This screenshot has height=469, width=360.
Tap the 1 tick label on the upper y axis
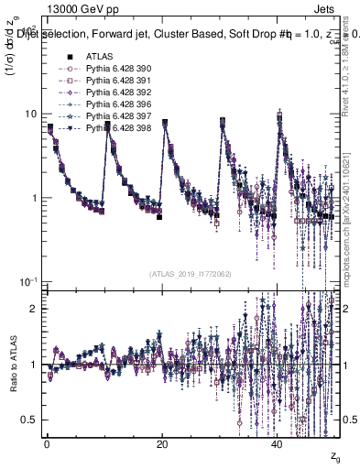click(x=34, y=198)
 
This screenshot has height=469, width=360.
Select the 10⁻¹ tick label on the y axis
click(x=29, y=281)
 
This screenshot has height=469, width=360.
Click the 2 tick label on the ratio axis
click(x=34, y=309)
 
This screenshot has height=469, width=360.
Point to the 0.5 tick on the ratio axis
click(x=29, y=420)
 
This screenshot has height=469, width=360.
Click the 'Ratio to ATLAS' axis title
click(x=12, y=365)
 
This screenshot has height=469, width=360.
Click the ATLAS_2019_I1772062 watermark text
click(x=191, y=273)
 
